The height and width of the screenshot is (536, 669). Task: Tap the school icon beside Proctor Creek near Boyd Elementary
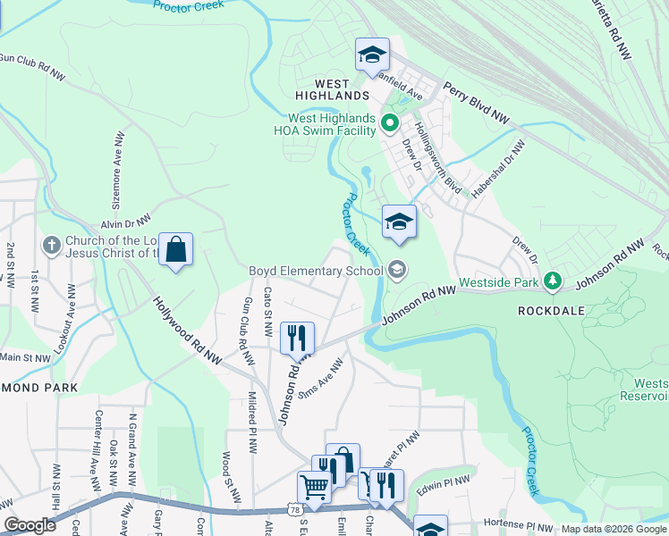[x=399, y=222]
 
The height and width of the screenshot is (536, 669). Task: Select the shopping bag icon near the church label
[x=177, y=250]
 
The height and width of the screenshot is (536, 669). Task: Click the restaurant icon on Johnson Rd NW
[x=297, y=339]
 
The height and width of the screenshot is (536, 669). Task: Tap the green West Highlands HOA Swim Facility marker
[x=390, y=123]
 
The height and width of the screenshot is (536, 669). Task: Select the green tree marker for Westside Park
[x=554, y=282]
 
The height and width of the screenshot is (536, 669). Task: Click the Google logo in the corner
[x=30, y=525]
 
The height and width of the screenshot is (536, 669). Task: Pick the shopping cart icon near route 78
[x=314, y=488]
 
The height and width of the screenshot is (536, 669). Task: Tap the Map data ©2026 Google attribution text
[x=612, y=529]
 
